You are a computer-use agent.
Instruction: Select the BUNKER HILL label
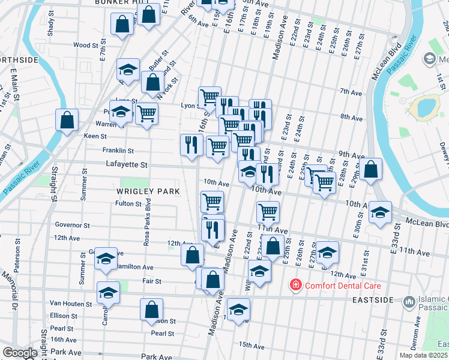click(121, 2)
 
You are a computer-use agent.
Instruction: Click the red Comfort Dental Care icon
click(295, 286)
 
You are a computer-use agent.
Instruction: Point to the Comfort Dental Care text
click(343, 286)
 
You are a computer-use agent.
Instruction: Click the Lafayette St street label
click(127, 164)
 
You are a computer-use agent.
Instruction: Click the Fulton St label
click(128, 203)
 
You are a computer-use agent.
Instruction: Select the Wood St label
click(81, 45)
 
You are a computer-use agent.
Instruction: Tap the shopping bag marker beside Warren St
click(67, 120)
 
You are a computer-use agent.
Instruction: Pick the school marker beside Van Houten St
click(108, 293)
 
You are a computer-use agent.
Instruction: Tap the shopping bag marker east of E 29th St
click(372, 170)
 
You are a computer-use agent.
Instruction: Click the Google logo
click(20, 353)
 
